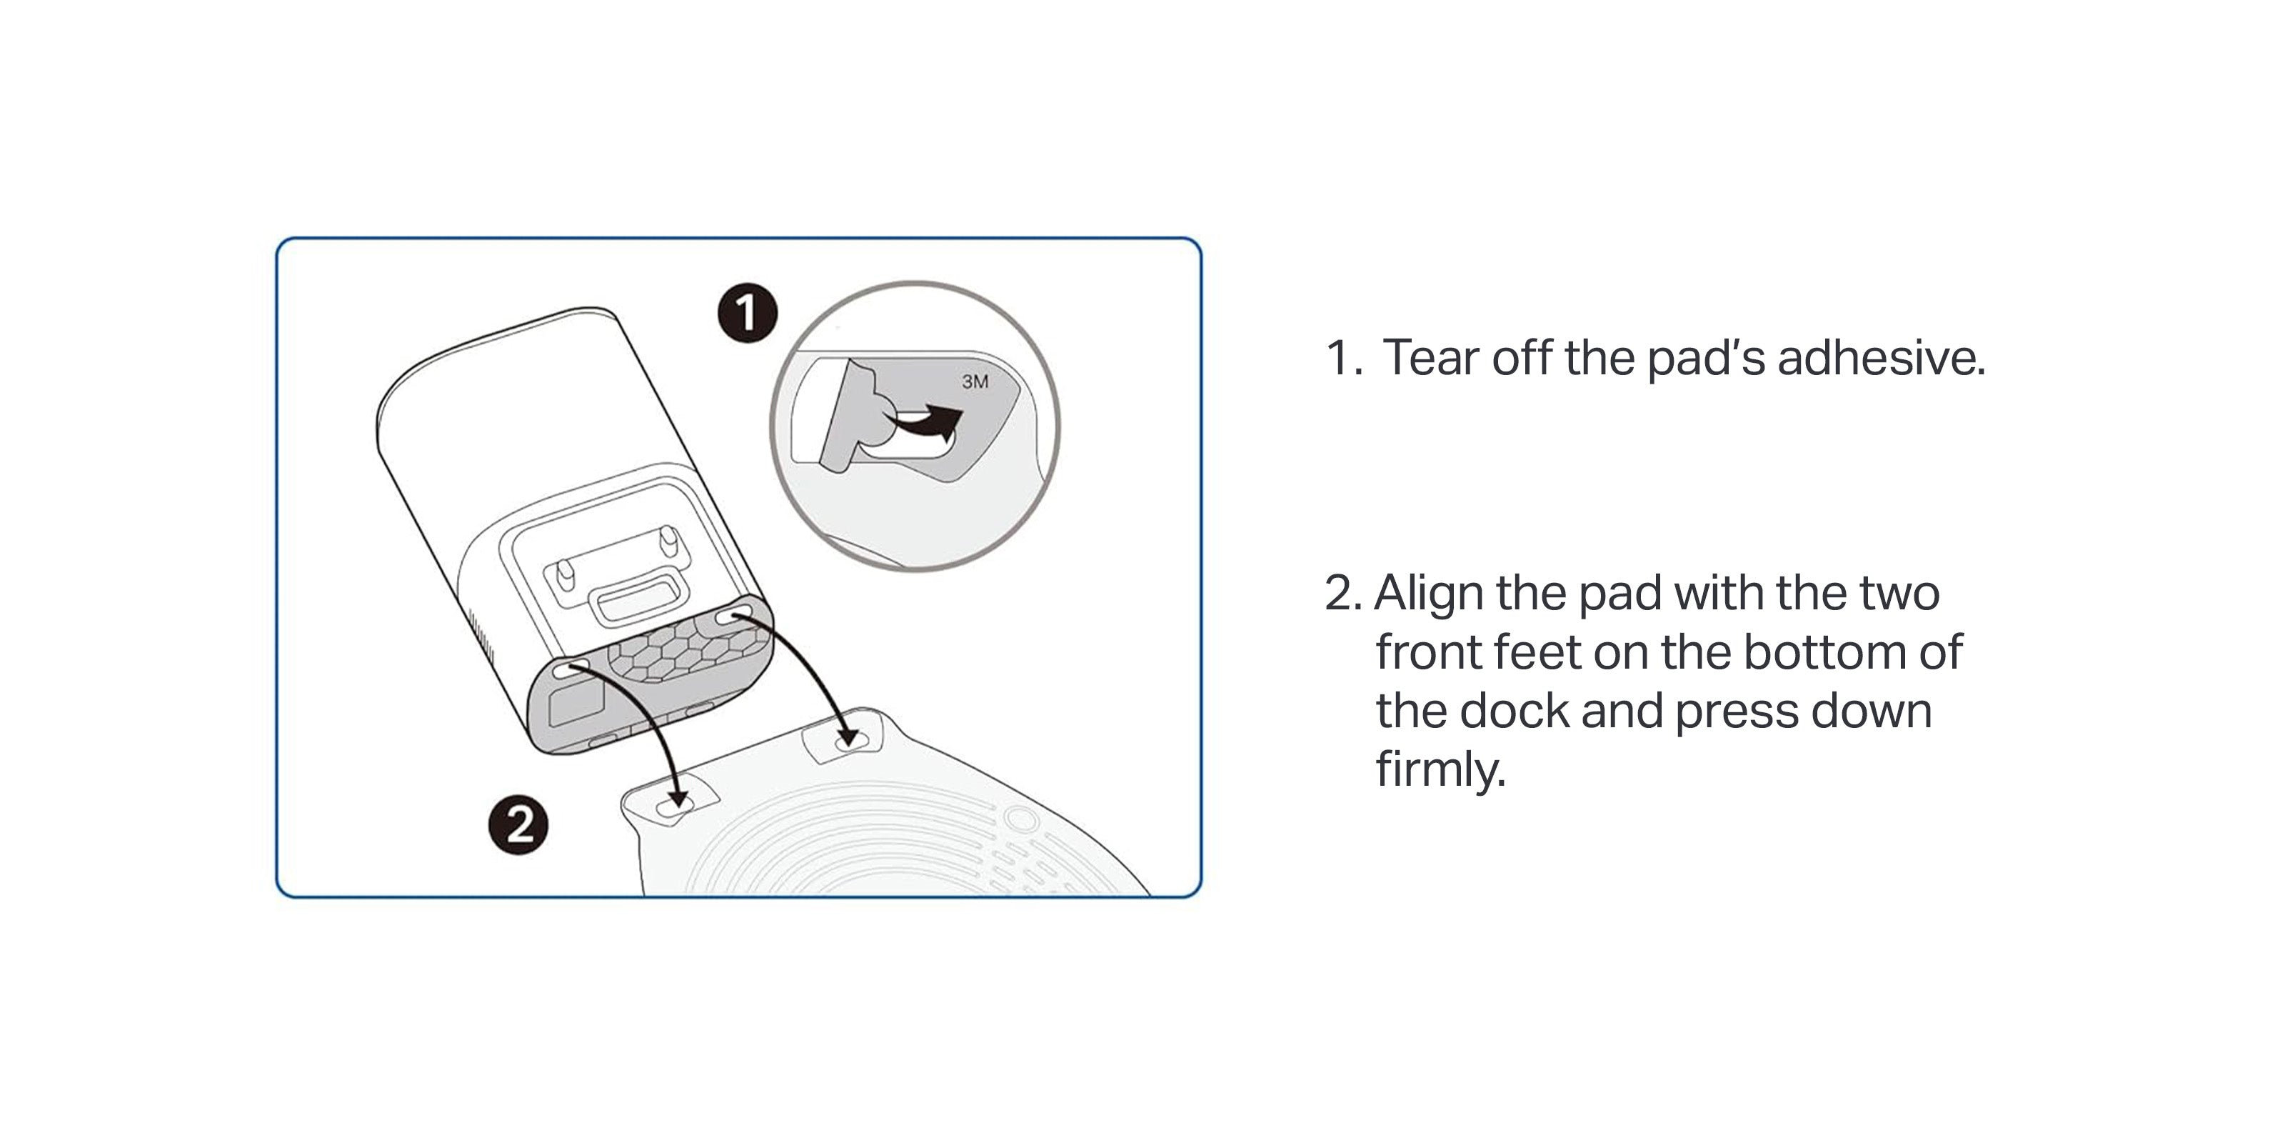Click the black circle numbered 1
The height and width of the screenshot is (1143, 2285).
[x=747, y=312]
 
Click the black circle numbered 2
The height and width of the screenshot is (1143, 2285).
[x=519, y=824]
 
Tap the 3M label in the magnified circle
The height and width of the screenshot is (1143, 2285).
[x=975, y=381]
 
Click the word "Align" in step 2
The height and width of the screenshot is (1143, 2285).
[x=1428, y=593]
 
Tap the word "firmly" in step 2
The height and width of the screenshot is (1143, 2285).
[x=1438, y=769]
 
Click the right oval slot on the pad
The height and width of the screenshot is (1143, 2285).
[x=847, y=739]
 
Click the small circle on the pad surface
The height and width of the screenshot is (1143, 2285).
[x=1021, y=818]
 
